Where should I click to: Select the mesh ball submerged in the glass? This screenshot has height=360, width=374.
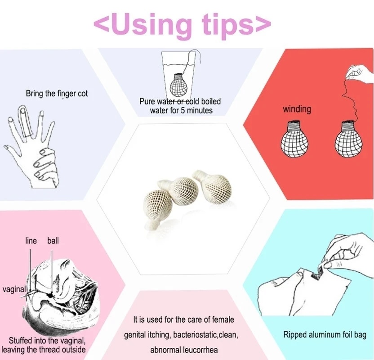[x=178, y=85]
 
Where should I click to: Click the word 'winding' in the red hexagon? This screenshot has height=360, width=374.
[x=297, y=109]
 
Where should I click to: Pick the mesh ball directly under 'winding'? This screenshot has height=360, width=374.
[x=294, y=139]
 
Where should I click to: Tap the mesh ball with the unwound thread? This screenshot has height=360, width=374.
[x=348, y=139]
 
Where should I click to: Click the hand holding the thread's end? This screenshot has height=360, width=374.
[x=360, y=73]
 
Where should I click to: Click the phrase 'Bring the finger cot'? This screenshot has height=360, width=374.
[x=57, y=93]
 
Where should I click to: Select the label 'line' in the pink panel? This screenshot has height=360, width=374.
[x=31, y=241]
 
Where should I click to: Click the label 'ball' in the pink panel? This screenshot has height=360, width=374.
[x=53, y=241]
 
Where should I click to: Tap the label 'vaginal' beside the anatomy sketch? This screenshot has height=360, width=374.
[x=14, y=289]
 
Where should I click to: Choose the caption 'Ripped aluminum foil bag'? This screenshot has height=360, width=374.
[x=325, y=335]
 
